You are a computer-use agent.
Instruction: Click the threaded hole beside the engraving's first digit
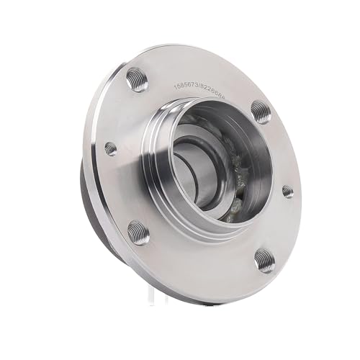pos(137,78)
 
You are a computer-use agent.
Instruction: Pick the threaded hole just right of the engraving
pos(261,111)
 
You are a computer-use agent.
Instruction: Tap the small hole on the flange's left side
pos(110,148)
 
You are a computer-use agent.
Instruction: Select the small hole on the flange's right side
pos(287,191)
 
